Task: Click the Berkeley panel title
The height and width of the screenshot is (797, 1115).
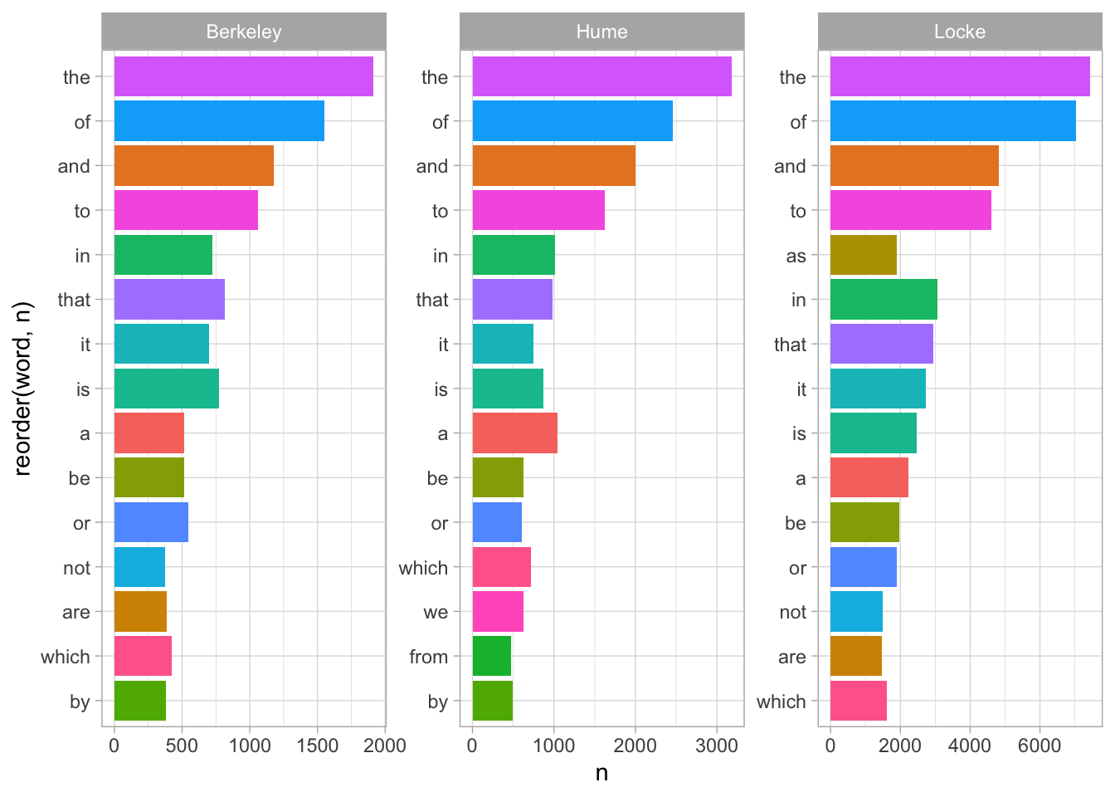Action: click(x=244, y=32)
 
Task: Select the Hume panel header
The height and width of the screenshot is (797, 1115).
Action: click(x=601, y=32)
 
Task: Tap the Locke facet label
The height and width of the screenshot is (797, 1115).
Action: click(x=960, y=32)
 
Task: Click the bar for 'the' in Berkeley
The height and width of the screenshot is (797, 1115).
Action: click(x=243, y=76)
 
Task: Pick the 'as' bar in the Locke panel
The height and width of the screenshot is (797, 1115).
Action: click(x=863, y=255)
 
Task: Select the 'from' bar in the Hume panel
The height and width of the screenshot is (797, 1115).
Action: click(x=491, y=656)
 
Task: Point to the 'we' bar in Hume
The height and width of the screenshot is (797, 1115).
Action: click(x=498, y=612)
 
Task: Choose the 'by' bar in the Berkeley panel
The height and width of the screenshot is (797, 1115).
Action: click(x=139, y=701)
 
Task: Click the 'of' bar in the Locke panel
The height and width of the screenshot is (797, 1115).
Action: click(x=952, y=121)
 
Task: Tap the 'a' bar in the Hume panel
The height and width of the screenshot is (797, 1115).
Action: click(x=514, y=433)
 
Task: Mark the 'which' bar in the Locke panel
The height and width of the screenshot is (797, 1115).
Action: click(x=858, y=701)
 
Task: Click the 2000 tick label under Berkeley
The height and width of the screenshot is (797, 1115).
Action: click(x=385, y=746)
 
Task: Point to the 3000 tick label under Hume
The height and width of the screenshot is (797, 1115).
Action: click(x=717, y=746)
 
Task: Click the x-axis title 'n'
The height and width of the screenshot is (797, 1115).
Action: click(x=601, y=773)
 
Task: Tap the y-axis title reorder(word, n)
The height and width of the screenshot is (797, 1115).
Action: click(x=22, y=389)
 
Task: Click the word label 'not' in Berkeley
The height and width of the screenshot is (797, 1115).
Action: click(x=76, y=568)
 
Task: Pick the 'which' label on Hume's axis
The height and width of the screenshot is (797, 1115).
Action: click(x=423, y=568)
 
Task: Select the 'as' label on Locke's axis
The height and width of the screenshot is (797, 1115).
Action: click(x=796, y=256)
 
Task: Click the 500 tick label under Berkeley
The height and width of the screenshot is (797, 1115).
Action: click(x=182, y=746)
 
